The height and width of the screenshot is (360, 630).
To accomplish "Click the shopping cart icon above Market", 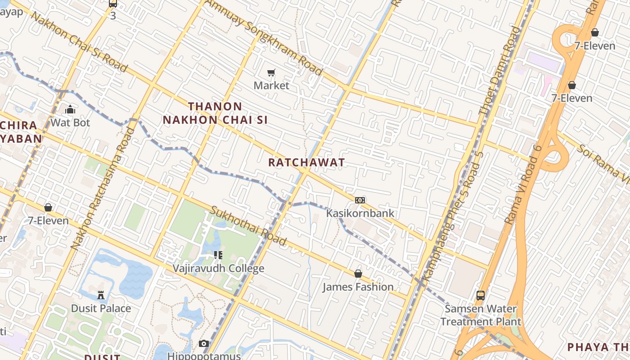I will coord(271,72).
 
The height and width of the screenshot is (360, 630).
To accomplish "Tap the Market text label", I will coord(271,85).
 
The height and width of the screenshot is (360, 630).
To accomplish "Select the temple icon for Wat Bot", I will coord(70,109).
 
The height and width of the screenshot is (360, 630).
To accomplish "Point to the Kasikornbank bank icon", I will coord(360,200).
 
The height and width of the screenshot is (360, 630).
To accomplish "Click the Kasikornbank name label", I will coord(360,213).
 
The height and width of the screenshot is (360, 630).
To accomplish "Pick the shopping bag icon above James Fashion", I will coord(358,274).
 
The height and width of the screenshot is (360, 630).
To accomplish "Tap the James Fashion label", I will coord(358,287).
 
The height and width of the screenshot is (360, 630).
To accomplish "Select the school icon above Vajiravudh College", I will coord(218,255).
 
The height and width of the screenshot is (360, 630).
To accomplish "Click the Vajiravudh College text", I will coord(219,269).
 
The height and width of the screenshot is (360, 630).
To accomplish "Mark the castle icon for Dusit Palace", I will coord(101,295).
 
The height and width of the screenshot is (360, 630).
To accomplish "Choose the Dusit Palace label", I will coord(101,309).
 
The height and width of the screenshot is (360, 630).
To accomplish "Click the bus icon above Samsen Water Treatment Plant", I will coord(481,296).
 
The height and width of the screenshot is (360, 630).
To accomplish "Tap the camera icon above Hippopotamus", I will coord(204,344).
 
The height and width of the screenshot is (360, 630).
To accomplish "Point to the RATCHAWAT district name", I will coord(306,162).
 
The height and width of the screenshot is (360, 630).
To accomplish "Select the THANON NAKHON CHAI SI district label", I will coord(215,113).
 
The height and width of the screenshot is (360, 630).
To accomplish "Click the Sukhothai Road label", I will coord(248,226).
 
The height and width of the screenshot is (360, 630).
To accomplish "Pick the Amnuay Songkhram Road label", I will coord(264,37).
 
